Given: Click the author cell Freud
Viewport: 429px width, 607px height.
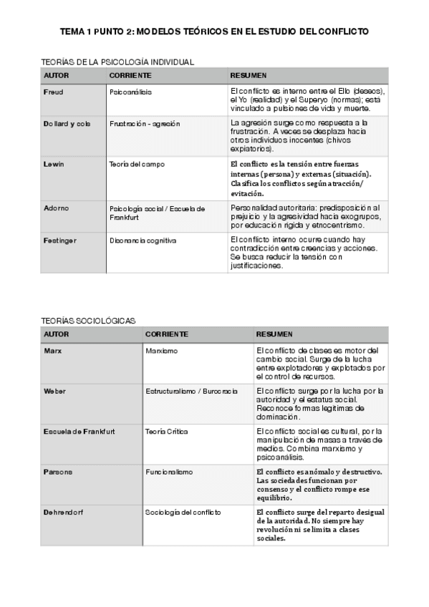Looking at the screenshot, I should pyautogui.click(x=54, y=92).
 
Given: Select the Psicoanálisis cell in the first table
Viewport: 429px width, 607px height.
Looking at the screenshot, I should pyautogui.click(x=130, y=92).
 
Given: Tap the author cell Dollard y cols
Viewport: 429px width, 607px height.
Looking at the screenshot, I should pyautogui.click(x=67, y=123).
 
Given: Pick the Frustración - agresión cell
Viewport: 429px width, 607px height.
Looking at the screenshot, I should pyautogui.click(x=145, y=123).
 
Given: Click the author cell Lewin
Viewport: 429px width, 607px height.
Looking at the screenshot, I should pyautogui.click(x=54, y=164).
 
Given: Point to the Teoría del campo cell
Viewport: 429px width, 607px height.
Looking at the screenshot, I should pyautogui.click(x=137, y=164).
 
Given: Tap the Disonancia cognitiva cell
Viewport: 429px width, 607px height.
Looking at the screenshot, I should pyautogui.click(x=143, y=240).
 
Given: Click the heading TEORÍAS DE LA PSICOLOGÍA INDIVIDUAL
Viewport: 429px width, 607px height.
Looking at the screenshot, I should pyautogui.click(x=117, y=62).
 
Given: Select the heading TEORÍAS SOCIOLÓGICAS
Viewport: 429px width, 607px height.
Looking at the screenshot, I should pyautogui.click(x=88, y=321).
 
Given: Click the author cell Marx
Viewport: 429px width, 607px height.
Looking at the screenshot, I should pyautogui.click(x=52, y=351).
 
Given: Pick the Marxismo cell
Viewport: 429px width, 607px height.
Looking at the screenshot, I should pyautogui.click(x=162, y=351).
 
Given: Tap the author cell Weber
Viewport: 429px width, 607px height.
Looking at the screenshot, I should pyautogui.click(x=54, y=392).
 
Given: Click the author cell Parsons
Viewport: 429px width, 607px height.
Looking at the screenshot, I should pyautogui.click(x=58, y=472).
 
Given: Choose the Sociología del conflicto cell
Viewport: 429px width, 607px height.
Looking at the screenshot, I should pyautogui.click(x=183, y=513).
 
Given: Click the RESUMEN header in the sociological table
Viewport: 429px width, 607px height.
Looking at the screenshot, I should pyautogui.click(x=274, y=334).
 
